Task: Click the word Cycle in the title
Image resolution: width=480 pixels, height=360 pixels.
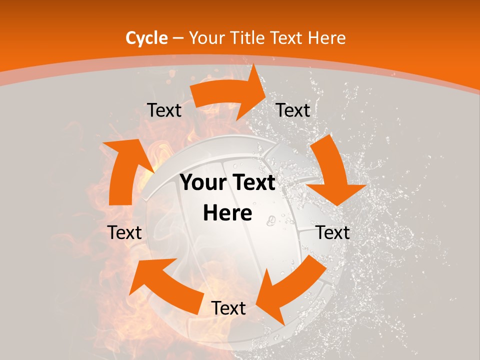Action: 146,38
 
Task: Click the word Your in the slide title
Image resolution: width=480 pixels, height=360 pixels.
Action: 205,38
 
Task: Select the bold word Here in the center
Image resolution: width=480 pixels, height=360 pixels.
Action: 227,213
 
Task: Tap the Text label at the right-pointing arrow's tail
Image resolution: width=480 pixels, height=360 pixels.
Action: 164,110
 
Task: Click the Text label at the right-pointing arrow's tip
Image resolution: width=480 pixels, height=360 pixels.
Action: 293,110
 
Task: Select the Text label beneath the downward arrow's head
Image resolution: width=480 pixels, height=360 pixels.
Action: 333,232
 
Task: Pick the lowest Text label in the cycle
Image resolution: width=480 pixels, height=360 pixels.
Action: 228,308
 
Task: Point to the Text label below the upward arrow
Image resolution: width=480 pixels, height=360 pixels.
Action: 124,232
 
